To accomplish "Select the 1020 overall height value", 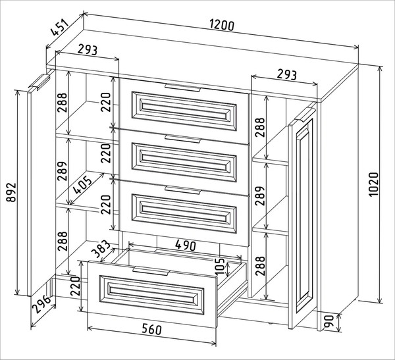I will pyautogui.click(x=373, y=186).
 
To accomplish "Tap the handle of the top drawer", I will pyautogui.click(x=183, y=86).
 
